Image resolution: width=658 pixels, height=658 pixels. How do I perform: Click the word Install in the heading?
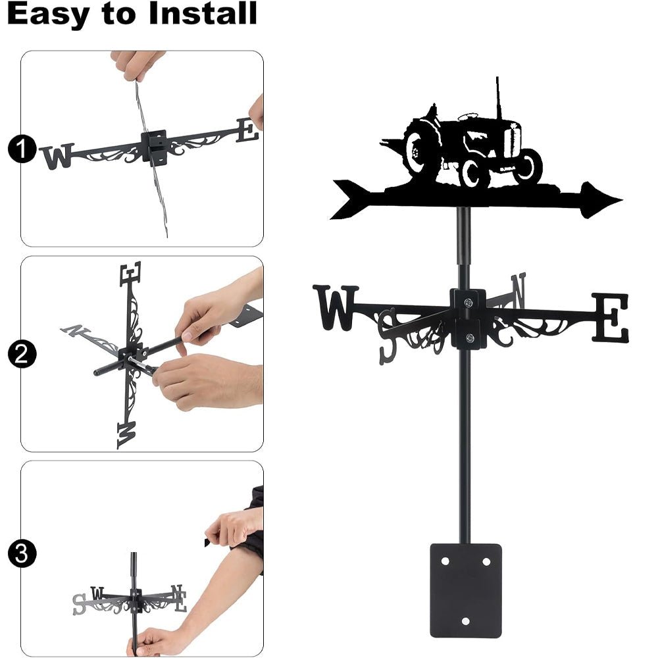click(x=202, y=14)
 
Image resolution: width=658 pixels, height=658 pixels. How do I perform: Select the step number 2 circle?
click(x=21, y=355)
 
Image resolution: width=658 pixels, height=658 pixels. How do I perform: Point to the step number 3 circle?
click(x=21, y=553)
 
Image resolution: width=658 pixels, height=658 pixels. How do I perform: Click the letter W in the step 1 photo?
click(x=57, y=157)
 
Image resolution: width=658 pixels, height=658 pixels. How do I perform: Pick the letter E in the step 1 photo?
click(x=247, y=130)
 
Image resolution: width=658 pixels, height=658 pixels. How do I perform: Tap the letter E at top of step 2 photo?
click(x=130, y=274)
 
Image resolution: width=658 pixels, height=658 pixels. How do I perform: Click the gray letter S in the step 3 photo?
click(x=79, y=603)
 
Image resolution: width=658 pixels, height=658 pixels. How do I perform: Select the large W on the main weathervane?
click(x=336, y=307)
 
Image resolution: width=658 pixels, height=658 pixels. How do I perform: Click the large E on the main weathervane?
click(x=610, y=318)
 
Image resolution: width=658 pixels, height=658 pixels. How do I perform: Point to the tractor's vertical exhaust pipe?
click(x=497, y=99)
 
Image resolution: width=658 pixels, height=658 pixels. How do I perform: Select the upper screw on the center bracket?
click(x=468, y=302)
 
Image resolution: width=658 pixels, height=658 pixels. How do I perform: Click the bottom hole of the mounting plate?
click(x=466, y=620)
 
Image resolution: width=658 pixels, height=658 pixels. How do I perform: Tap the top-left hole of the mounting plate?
click(x=445, y=561)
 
